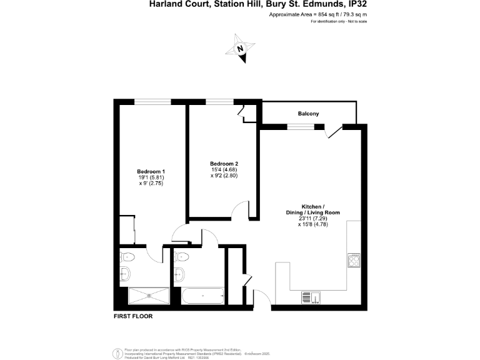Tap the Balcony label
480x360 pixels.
(x=308, y=114)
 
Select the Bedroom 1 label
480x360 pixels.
(x=151, y=171)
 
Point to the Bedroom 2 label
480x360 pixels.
(x=224, y=164)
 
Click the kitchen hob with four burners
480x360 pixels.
(x=354, y=260)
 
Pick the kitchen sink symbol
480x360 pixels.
(x=311, y=297)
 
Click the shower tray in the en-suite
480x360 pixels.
(x=148, y=296)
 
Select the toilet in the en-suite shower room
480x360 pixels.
(x=127, y=256)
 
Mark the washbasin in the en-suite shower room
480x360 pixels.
(x=124, y=272)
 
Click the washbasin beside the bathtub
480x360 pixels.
(x=179, y=273)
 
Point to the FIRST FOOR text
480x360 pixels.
(x=132, y=316)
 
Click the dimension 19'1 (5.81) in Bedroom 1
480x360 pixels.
(x=151, y=177)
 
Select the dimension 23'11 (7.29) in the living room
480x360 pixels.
(x=312, y=218)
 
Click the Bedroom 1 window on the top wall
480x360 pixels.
(x=152, y=101)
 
